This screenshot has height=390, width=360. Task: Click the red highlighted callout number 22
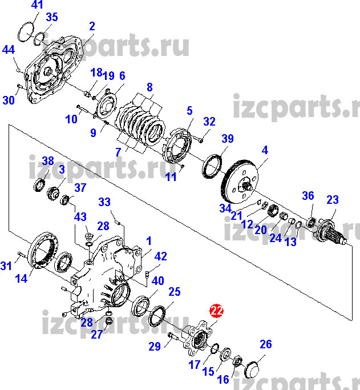[x=216, y=311]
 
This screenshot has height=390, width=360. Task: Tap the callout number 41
[x=37, y=5]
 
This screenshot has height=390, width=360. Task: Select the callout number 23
[x=332, y=200]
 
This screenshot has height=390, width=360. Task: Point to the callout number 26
[x=266, y=344]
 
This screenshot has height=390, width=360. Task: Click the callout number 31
[x=6, y=266]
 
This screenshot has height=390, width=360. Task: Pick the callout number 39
[x=228, y=139]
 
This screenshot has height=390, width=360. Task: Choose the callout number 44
[x=8, y=50]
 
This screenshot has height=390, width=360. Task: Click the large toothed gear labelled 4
[x=239, y=178]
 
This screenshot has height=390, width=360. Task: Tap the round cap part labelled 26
[x=254, y=368]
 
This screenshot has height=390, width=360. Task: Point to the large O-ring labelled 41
[x=25, y=32]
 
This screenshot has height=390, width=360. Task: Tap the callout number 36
[x=308, y=196]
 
